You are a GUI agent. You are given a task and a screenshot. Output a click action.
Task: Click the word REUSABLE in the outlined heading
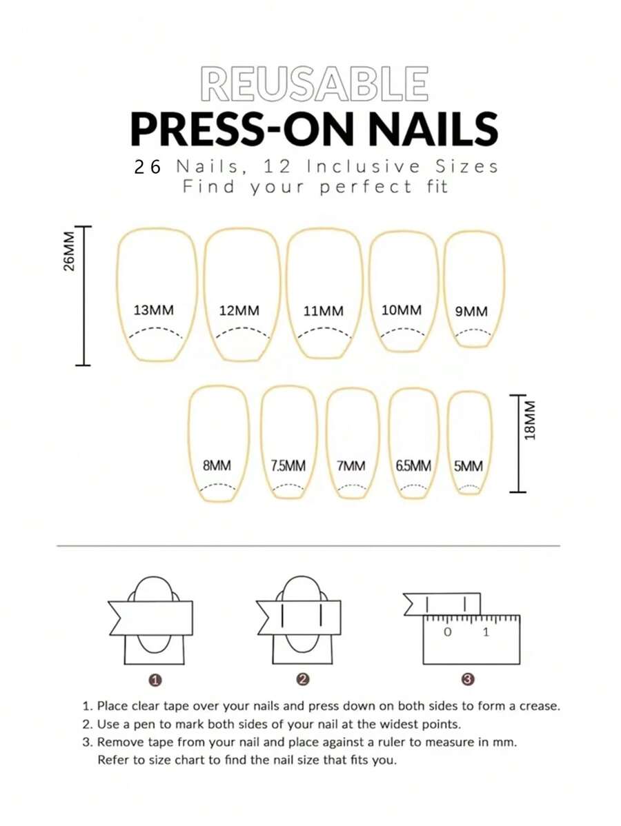click(314, 83)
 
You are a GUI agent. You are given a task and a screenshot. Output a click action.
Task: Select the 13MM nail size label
click(153, 310)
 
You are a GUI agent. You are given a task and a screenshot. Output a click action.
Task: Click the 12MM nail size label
click(239, 310)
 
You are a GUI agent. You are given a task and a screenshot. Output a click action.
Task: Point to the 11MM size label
click(323, 311)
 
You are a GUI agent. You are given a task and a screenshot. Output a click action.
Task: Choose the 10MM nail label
click(402, 310)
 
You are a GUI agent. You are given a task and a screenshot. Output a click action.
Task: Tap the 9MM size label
click(471, 312)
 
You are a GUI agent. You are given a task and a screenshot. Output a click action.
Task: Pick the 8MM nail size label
click(217, 465)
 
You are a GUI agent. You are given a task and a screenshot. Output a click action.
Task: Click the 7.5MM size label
click(288, 465)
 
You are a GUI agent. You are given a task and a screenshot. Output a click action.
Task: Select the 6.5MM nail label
click(413, 465)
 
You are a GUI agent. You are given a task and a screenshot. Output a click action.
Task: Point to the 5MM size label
click(468, 465)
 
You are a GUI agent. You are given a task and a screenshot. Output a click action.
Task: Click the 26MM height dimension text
click(69, 251)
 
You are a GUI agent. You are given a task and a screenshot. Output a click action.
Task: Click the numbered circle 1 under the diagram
click(155, 681)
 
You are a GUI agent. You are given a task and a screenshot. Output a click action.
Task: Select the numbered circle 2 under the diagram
click(302, 680)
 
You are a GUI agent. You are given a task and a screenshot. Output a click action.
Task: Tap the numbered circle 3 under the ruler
click(469, 680)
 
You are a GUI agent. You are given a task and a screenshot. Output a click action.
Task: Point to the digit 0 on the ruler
click(448, 632)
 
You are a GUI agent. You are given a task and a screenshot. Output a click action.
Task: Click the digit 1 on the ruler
click(486, 632)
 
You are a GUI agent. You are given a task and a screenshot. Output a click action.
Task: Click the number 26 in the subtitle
click(148, 167)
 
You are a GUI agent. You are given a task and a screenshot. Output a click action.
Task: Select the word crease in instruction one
click(540, 706)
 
